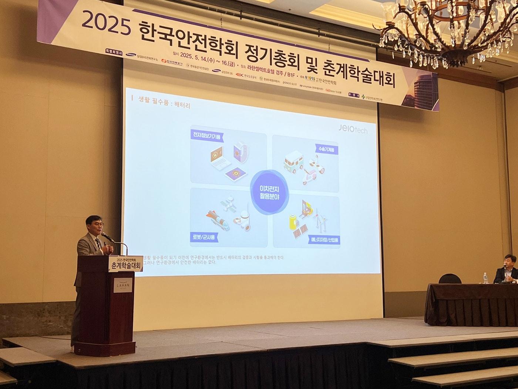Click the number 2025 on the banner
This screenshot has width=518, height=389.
click(x=105, y=23)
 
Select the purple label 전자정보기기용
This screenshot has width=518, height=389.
click(x=206, y=137)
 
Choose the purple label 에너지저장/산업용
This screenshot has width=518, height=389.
click(x=324, y=239)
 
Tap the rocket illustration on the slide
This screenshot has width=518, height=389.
click(x=215, y=219)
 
